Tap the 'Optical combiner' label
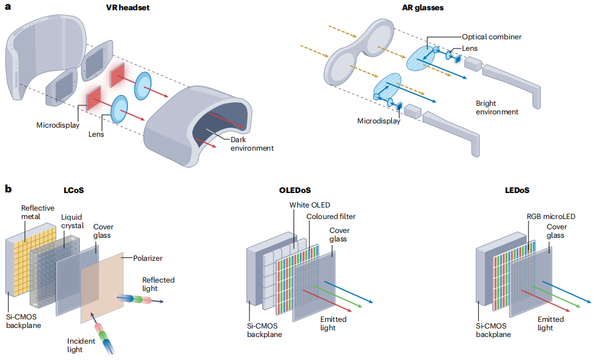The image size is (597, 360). pos(492,37)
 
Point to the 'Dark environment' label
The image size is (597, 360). pos(252,144)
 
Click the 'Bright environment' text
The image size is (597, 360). pos(496,108)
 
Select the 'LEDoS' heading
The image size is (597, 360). pos(516,189)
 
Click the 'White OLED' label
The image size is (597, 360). pos(309,205)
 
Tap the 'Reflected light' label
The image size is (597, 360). pos(158,284)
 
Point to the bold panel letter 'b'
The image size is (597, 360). pos(8,189)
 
